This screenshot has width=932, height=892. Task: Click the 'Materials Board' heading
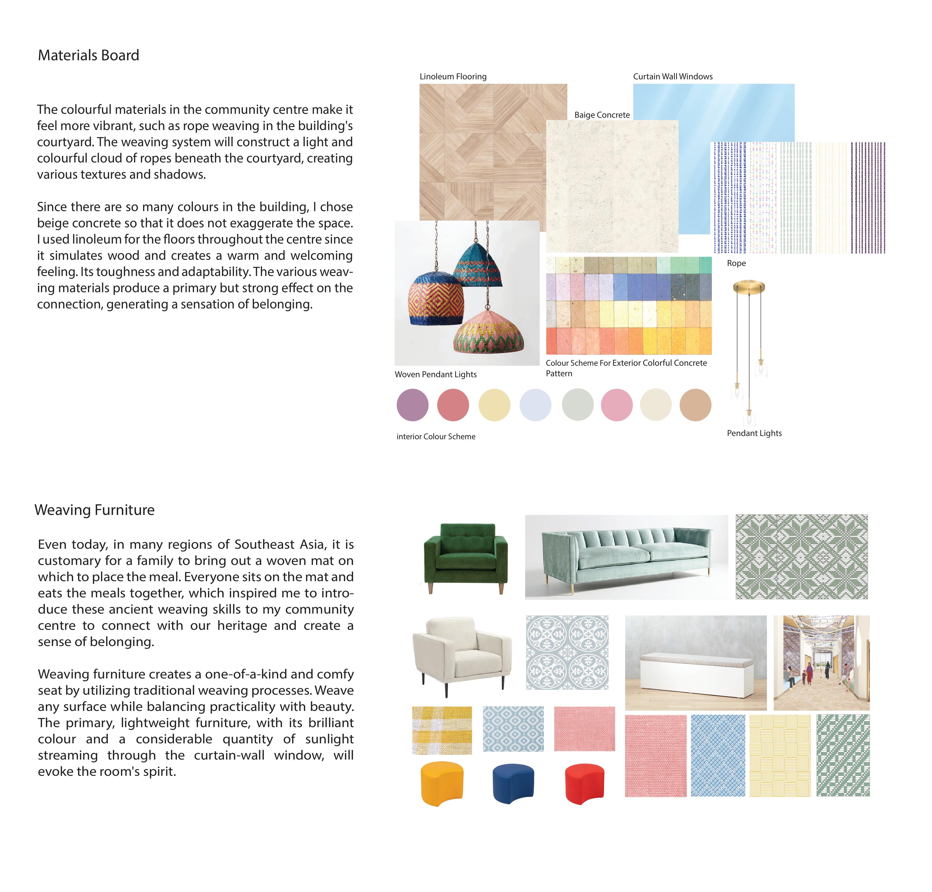click(x=88, y=56)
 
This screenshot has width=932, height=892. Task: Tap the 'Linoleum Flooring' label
click(x=453, y=76)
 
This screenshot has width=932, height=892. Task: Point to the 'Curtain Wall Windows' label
click(x=672, y=76)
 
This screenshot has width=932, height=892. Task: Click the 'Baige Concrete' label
click(x=602, y=115)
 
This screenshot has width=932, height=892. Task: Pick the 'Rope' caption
click(x=736, y=264)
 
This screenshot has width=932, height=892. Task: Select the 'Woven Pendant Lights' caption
click(x=435, y=375)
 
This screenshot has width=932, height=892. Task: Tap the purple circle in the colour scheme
click(x=412, y=405)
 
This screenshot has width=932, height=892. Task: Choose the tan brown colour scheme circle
click(x=695, y=405)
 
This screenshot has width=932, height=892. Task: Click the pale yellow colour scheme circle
click(x=494, y=405)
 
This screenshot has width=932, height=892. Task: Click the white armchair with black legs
click(x=461, y=655)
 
